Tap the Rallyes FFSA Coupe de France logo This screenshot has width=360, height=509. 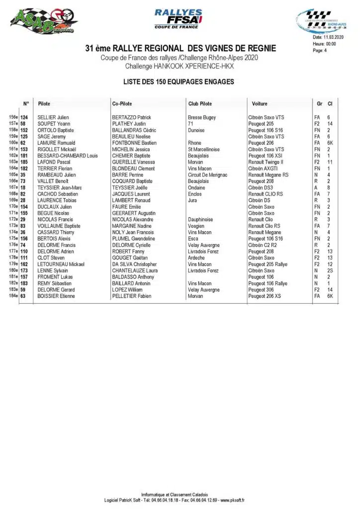(x=179, y=19)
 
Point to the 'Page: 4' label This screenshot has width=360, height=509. (x=320, y=50)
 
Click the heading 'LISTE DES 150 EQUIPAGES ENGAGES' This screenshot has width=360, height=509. (x=179, y=82)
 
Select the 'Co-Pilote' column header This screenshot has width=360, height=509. (x=122, y=104)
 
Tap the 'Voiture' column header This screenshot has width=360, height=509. (x=260, y=104)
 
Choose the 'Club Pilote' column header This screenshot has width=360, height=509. (x=200, y=104)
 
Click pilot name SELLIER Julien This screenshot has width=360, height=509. (x=53, y=117)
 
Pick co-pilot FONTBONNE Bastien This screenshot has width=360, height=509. (x=134, y=143)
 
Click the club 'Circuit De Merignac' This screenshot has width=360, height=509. (x=208, y=175)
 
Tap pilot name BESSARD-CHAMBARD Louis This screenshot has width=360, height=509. (x=68, y=156)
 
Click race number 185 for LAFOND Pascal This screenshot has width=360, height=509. (x=24, y=162)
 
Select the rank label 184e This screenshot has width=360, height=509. (x=13, y=296)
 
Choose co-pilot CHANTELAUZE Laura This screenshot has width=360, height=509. (x=135, y=271)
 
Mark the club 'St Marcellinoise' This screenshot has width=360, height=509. (x=204, y=149)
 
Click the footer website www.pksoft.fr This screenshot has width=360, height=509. (x=232, y=500)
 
